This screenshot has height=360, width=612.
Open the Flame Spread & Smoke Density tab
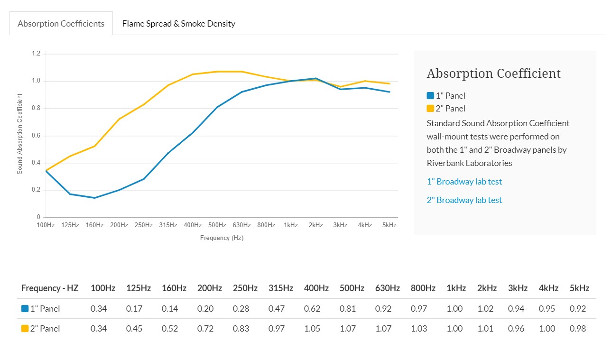tap(179, 24)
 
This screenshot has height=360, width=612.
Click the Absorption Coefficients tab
tap(61, 24)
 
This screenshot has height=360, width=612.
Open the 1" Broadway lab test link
tap(464, 182)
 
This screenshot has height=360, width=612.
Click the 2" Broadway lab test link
tap(464, 200)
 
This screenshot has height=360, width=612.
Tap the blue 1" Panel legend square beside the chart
tap(430, 96)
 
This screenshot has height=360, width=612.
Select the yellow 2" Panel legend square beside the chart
tap(430, 109)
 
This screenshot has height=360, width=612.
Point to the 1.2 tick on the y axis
tap(36, 53)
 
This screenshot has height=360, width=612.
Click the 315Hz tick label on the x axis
tap(168, 225)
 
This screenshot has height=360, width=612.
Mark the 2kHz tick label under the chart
tap(315, 225)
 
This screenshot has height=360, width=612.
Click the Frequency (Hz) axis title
tap(222, 238)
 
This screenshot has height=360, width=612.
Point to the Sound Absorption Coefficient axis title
tap(19, 134)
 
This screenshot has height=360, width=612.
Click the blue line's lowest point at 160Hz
tap(94, 198)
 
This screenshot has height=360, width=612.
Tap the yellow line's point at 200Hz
tap(119, 119)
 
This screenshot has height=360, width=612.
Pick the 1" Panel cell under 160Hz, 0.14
tap(170, 309)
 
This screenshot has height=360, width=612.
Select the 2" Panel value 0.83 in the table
tap(241, 329)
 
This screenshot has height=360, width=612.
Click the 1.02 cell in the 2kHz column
tap(485, 309)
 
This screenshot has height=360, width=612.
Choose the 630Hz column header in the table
tap(388, 288)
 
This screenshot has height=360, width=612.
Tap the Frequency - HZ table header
tap(50, 288)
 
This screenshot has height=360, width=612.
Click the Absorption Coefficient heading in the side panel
tap(494, 74)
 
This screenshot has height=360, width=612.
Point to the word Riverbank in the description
tap(445, 163)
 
